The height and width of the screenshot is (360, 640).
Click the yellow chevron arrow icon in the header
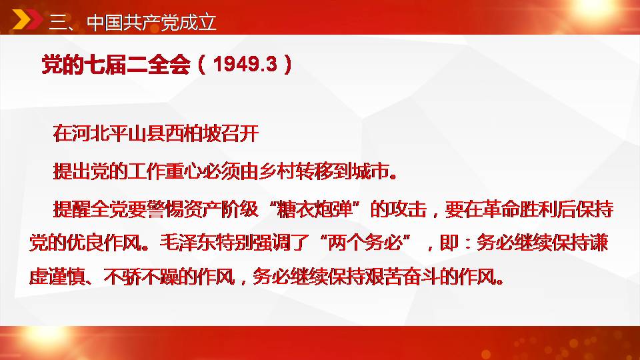coord(21,20)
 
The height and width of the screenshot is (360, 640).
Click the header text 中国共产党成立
coord(151,23)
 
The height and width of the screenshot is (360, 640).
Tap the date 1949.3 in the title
coord(245,65)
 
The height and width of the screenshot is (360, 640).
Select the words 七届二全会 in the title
coord(137,65)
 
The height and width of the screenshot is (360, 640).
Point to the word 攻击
coord(408,209)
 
